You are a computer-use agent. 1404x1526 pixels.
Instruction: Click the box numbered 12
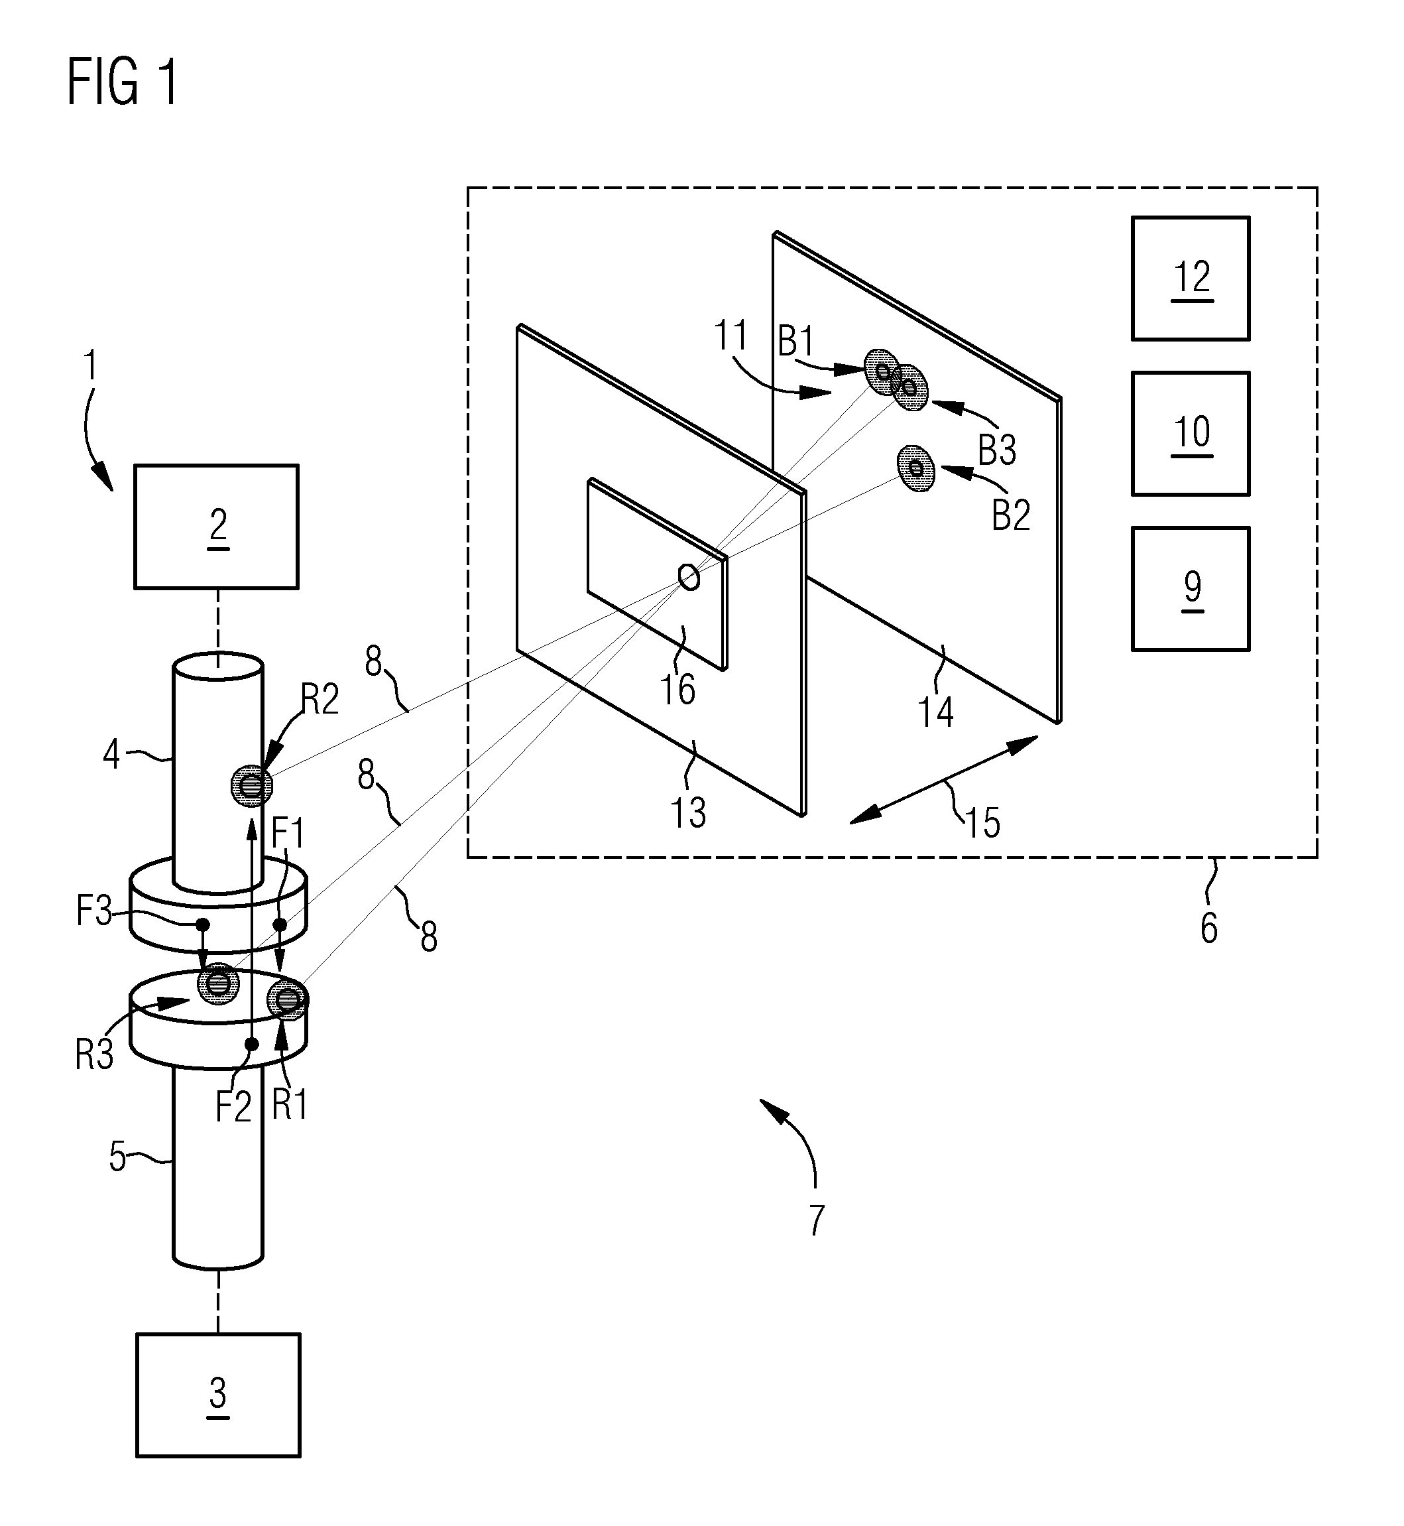(1190, 278)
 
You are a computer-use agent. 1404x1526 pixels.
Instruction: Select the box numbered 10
(1190, 433)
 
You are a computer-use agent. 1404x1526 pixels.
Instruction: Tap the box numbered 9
(1190, 588)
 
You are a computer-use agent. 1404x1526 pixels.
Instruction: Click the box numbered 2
(217, 527)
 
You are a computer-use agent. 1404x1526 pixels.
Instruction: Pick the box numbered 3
(218, 1395)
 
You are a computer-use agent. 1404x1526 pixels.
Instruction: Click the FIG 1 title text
(123, 82)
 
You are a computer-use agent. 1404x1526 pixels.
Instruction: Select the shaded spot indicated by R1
(288, 1000)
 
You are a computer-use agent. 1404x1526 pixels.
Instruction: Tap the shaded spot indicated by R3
(218, 984)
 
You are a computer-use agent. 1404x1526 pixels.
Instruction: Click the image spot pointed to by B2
(915, 468)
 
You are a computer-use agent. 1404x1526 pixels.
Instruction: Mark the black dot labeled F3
(203, 924)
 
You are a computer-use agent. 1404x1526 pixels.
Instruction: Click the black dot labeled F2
(251, 1044)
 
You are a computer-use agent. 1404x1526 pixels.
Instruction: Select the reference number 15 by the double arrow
(982, 822)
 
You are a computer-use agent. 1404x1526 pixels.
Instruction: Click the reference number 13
(687, 812)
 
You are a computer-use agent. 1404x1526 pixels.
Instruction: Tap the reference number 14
(935, 712)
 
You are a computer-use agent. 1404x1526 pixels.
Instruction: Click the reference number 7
(816, 1220)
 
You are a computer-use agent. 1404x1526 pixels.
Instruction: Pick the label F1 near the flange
(288, 833)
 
